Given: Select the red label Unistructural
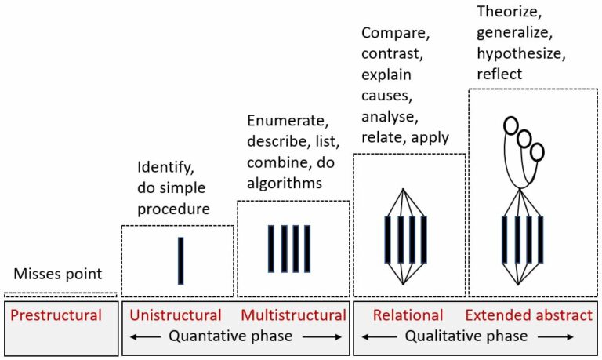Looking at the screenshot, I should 175,315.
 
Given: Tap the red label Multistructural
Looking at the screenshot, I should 293,315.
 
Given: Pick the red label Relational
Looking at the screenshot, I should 408,315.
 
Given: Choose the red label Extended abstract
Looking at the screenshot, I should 529,315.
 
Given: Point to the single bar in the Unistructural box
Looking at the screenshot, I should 180,260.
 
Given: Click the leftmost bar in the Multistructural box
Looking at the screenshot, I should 271,249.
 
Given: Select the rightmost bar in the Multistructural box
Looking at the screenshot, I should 307,249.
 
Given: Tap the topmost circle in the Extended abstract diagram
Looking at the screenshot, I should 510,125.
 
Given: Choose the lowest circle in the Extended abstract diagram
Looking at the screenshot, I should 537,151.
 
